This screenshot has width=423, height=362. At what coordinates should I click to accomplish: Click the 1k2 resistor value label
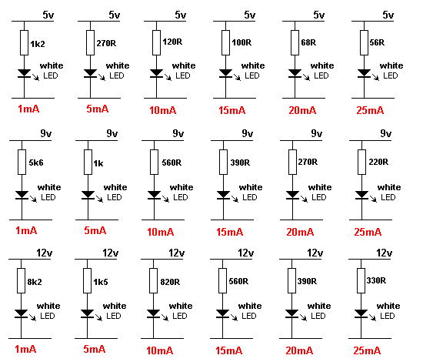click(x=38, y=44)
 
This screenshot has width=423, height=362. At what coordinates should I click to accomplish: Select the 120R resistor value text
click(x=172, y=42)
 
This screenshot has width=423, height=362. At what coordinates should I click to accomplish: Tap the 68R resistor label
click(x=308, y=42)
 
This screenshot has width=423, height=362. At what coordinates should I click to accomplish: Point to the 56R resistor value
click(x=377, y=42)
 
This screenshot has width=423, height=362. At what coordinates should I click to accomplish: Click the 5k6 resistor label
click(x=36, y=163)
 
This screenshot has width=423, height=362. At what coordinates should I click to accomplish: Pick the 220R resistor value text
click(x=378, y=162)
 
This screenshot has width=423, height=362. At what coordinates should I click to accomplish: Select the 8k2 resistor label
click(x=35, y=282)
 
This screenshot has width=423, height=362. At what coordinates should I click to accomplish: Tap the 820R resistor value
click(x=170, y=282)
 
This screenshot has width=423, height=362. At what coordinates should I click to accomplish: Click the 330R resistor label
click(x=376, y=280)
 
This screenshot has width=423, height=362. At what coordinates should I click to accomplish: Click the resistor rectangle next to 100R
click(x=225, y=42)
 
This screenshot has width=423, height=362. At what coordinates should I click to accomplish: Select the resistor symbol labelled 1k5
click(x=87, y=280)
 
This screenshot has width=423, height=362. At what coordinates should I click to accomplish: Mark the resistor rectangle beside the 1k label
click(x=88, y=162)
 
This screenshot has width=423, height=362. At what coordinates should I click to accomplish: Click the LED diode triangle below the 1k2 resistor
click(x=25, y=73)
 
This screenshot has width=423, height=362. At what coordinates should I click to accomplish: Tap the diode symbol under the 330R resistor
click(x=361, y=313)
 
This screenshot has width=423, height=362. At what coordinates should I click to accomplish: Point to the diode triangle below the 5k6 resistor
click(x=22, y=195)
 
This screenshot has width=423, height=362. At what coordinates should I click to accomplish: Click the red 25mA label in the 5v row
click(x=370, y=110)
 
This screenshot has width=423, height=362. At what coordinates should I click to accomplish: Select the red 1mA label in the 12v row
click(x=25, y=349)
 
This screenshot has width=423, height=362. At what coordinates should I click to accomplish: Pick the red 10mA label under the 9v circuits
click(x=161, y=232)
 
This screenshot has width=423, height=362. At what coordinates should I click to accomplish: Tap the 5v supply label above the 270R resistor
click(x=115, y=15)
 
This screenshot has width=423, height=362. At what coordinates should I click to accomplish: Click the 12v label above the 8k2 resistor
click(x=45, y=253)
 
